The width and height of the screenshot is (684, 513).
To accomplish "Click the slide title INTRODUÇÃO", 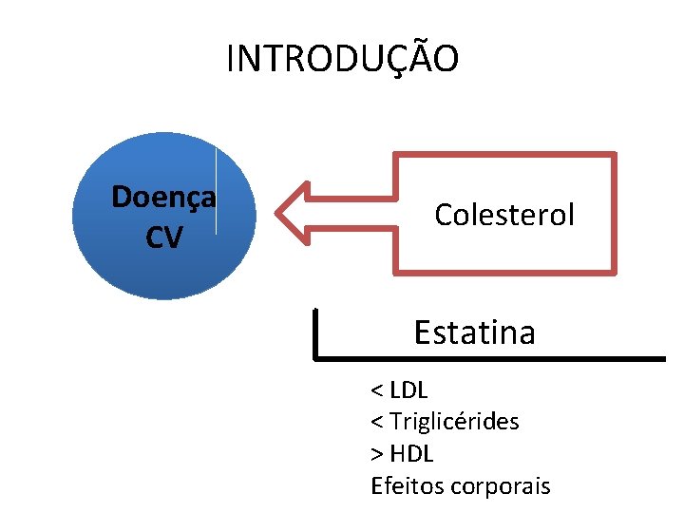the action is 342,59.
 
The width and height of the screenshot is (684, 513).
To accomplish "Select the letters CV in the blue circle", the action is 163,237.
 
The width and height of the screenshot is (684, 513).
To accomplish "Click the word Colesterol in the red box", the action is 504,215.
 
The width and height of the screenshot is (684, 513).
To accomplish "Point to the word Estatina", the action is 474,332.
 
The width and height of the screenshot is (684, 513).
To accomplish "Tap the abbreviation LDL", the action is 409,390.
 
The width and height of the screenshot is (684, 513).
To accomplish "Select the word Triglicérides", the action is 454,421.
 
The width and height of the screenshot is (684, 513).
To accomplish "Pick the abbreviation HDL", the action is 411,453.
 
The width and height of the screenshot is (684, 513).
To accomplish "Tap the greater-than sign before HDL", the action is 377,454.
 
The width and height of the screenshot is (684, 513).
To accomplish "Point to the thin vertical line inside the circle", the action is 217,190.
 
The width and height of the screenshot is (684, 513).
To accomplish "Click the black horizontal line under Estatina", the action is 494,358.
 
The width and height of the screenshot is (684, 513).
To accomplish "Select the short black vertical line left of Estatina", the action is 315,332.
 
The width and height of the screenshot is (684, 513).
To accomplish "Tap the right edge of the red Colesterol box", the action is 613,213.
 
